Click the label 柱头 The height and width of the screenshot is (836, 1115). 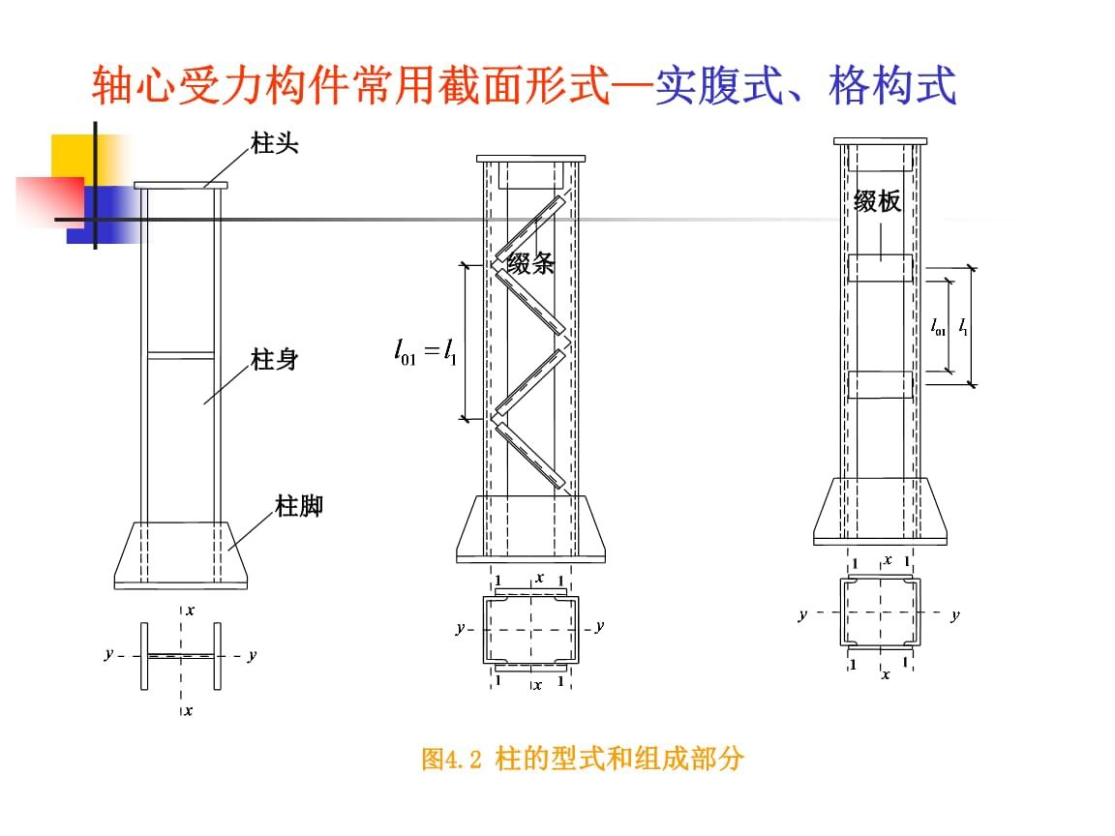click(x=274, y=145)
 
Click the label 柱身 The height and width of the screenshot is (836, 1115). click(x=274, y=361)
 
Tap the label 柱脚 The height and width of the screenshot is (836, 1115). click(x=299, y=506)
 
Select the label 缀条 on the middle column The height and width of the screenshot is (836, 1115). click(x=531, y=264)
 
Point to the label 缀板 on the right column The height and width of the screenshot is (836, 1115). click(x=877, y=201)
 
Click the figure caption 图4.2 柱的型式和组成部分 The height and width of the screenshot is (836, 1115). click(x=583, y=759)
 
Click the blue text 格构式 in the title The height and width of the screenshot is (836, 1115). click(x=892, y=86)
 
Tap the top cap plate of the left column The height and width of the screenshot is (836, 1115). click(x=180, y=185)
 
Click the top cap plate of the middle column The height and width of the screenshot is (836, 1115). click(x=530, y=158)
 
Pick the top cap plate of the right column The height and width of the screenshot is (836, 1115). click(x=880, y=141)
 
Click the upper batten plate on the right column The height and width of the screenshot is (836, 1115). click(x=880, y=268)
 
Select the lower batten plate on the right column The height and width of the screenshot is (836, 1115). click(x=880, y=384)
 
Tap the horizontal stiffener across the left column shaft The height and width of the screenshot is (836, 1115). click(x=180, y=355)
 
